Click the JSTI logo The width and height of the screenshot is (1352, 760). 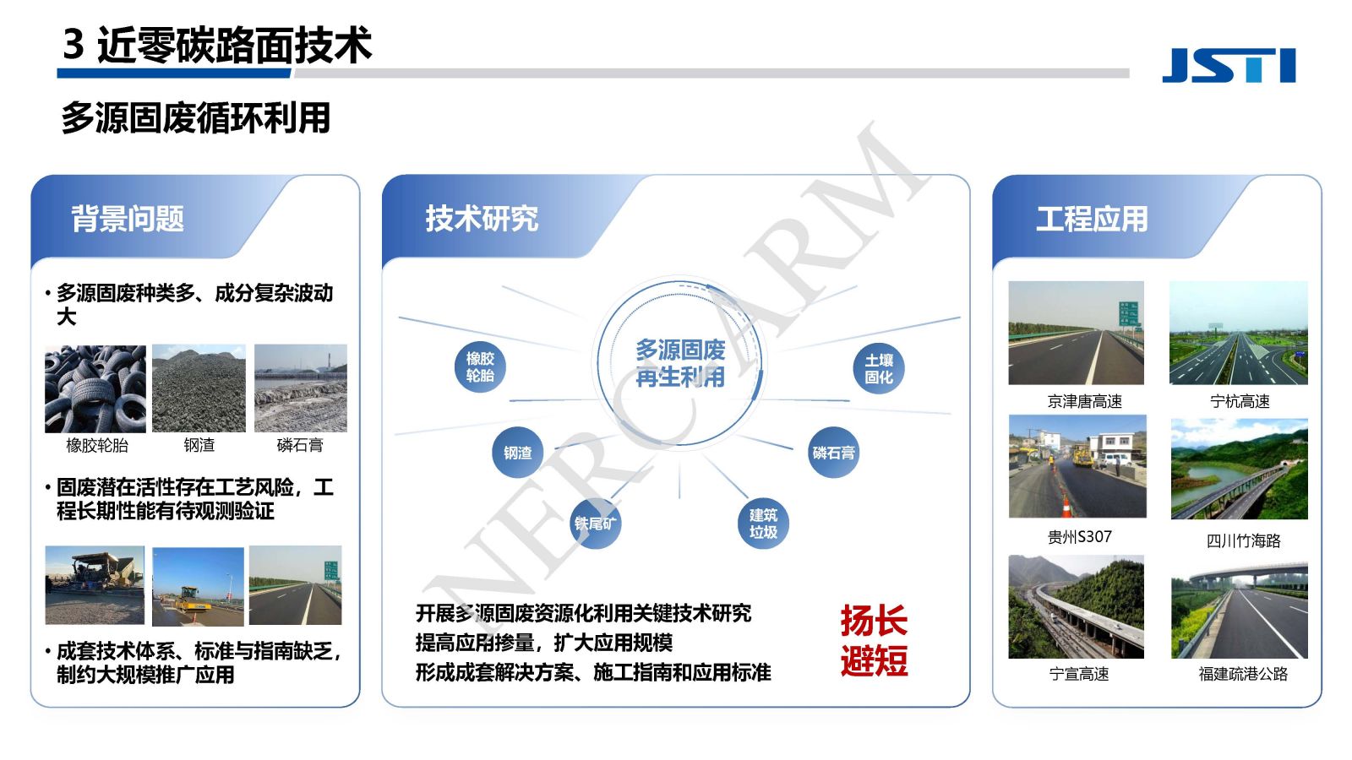click(x=1229, y=65)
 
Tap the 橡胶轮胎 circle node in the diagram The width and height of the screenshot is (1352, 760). click(x=480, y=367)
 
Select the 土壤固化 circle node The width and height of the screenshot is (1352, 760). click(x=879, y=368)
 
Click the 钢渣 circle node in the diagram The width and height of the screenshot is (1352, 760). click(x=518, y=453)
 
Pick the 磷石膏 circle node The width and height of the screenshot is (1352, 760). click(x=833, y=453)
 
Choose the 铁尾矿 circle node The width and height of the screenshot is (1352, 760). click(x=596, y=524)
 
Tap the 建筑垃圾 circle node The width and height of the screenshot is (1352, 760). click(x=764, y=524)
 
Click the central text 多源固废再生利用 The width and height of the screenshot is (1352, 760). click(x=680, y=364)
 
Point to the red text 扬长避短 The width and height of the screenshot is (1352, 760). click(x=874, y=641)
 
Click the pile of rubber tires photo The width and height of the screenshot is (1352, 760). click(x=95, y=388)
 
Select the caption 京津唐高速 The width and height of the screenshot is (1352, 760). click(x=1085, y=402)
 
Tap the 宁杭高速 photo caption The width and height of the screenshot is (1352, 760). click(x=1240, y=402)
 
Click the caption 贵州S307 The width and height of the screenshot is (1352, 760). click(x=1079, y=537)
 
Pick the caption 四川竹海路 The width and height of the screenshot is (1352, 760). click(x=1243, y=541)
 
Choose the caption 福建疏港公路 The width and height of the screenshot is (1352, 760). click(x=1243, y=675)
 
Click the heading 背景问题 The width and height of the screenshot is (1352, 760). click(x=128, y=219)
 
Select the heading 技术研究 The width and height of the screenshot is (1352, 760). click(x=482, y=219)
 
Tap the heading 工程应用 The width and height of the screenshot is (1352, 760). click(x=1092, y=219)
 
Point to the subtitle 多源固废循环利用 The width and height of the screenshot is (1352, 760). click(x=195, y=117)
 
